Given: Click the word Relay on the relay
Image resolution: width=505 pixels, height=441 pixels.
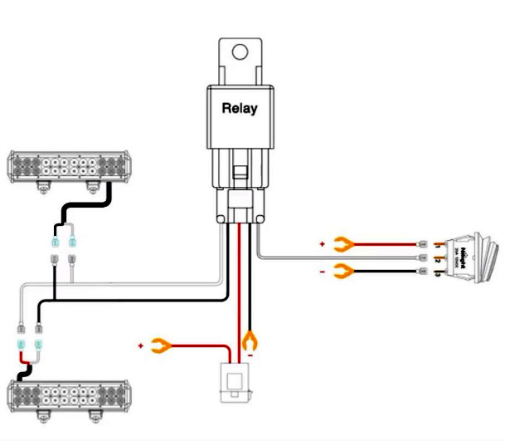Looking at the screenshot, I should [x=240, y=108].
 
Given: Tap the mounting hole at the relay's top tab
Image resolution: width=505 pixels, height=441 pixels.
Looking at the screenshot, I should [x=240, y=52].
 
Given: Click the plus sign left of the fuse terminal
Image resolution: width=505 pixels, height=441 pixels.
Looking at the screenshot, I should [x=141, y=344].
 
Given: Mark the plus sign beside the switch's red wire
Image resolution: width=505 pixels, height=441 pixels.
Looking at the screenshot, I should [x=322, y=244].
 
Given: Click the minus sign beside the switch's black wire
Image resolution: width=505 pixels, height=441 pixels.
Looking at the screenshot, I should [x=322, y=271].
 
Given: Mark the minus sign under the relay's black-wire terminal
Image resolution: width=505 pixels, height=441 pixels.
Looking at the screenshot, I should [x=250, y=355].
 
